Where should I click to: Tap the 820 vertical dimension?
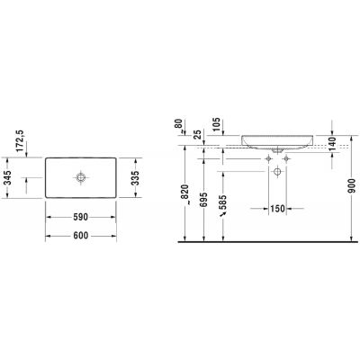pos(183,193)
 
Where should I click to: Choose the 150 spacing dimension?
pos(278,211)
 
